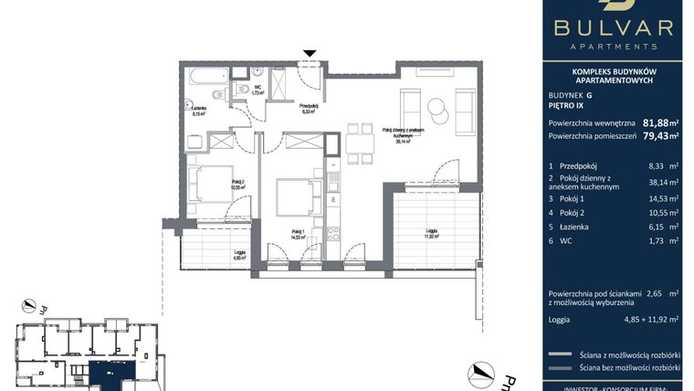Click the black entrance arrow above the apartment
(311, 55)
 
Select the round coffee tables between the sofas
(437, 108)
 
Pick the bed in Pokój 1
(295, 195)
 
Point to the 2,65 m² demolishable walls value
(657, 295)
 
